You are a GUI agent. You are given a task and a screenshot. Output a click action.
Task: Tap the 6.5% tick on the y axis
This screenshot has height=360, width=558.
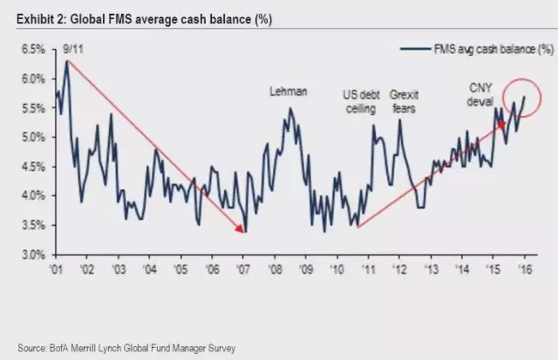31,50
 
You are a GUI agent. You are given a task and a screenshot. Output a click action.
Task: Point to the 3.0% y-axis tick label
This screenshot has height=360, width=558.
31,255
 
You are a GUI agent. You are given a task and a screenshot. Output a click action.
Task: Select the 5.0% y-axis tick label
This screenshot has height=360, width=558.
31,138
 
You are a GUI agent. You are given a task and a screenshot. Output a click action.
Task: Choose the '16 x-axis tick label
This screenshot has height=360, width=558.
525,269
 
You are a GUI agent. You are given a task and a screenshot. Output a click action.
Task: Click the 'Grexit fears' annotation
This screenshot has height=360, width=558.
403,100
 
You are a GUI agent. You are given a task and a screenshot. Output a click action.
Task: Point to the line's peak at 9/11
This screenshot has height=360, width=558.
66,61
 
